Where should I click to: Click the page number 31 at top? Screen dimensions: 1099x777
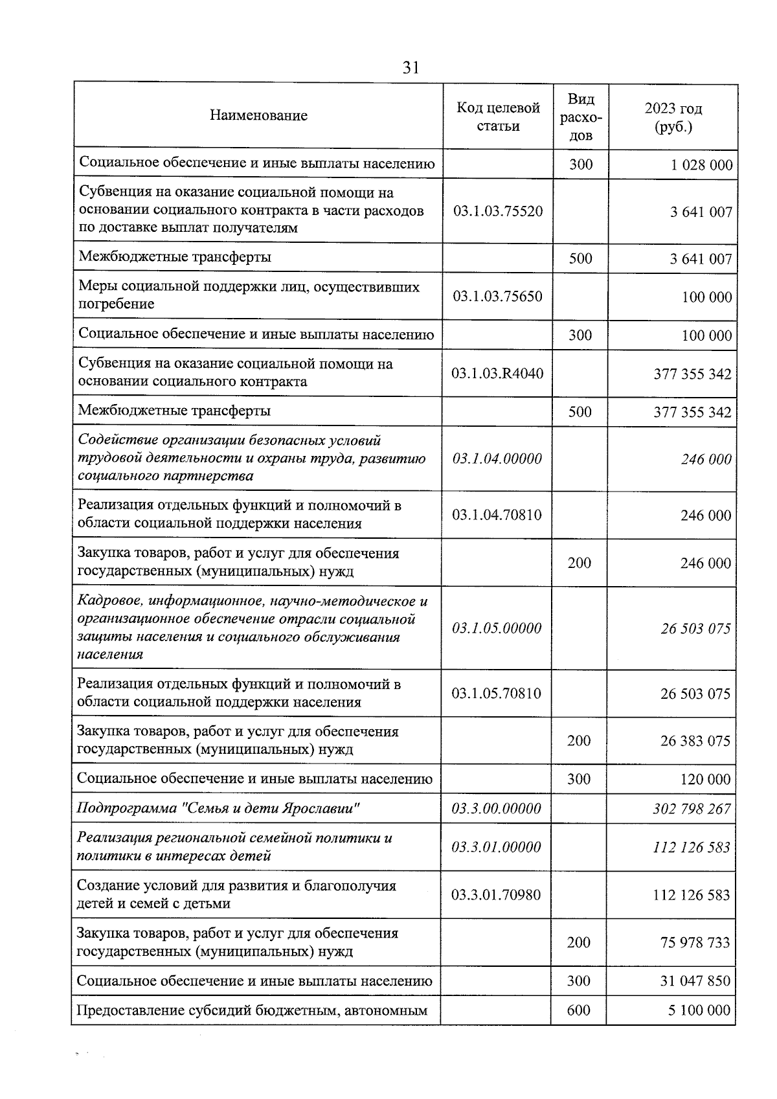411,68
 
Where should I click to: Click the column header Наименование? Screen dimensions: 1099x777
258,116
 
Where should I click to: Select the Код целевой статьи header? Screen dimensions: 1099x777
498,117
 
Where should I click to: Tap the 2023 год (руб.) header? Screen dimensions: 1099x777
673,117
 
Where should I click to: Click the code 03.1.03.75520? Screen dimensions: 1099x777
498,211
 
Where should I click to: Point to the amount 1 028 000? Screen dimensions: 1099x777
701,165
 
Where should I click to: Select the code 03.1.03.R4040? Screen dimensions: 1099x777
497,374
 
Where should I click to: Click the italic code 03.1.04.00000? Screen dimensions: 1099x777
497,459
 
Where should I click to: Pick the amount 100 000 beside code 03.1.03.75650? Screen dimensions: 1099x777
706,297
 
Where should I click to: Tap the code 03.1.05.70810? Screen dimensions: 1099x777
497,694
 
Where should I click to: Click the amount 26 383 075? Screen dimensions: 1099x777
695,741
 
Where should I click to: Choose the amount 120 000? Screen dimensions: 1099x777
705,780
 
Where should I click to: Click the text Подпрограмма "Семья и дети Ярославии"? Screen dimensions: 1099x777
218,808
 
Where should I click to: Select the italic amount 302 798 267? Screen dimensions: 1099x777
692,809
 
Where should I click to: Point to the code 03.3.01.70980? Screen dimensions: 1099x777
496,895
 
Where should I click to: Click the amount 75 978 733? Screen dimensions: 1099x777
695,943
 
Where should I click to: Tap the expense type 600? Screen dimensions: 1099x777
578,1010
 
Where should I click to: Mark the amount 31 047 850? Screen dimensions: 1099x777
695,981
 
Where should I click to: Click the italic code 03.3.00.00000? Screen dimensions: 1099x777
496,809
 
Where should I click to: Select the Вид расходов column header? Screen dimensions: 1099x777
581,117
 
